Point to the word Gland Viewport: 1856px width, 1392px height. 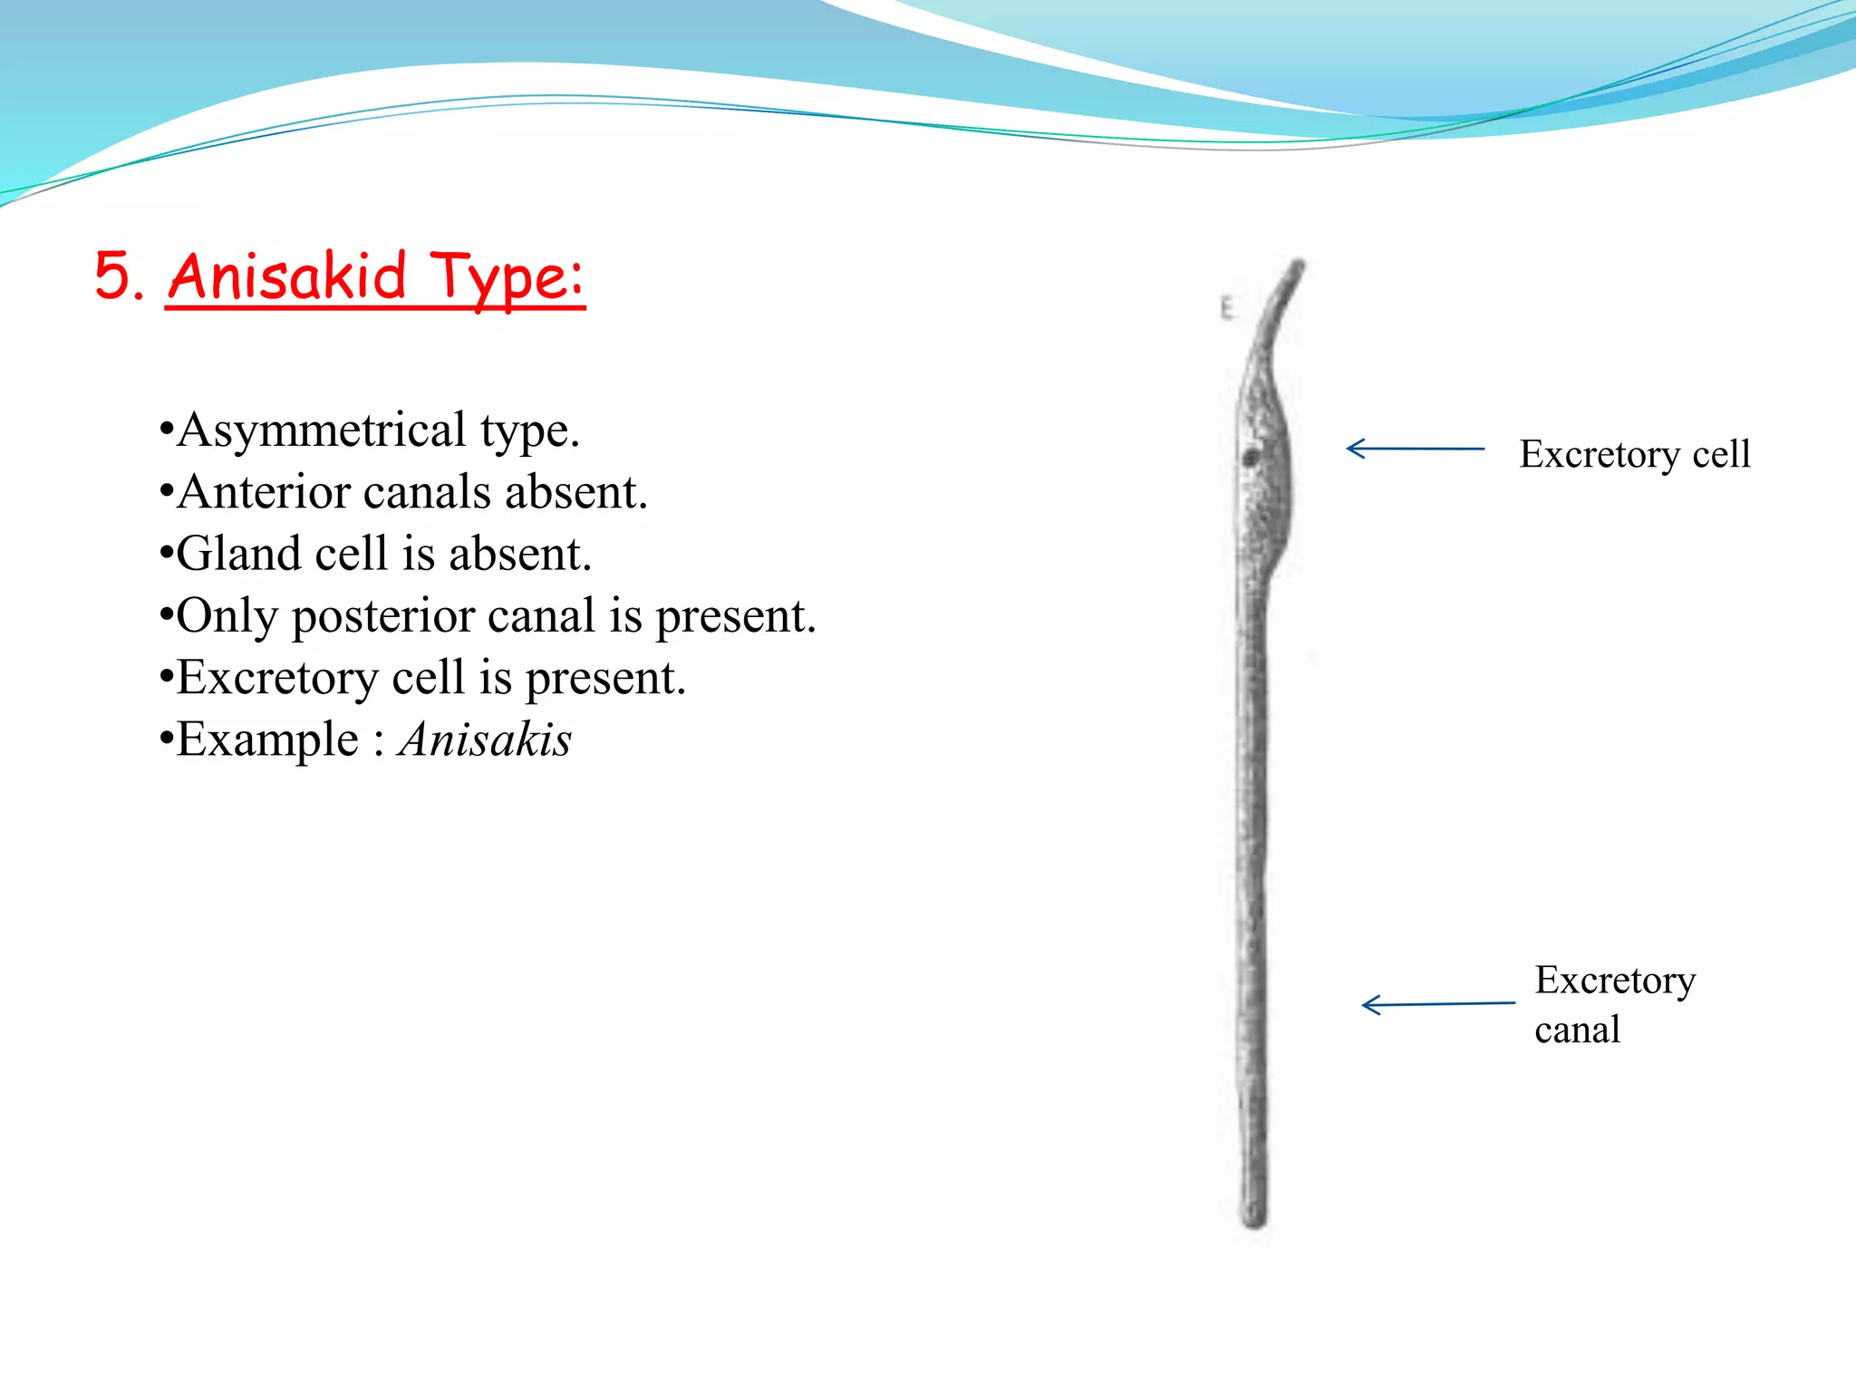point(237,554)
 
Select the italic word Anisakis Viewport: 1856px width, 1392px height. point(485,739)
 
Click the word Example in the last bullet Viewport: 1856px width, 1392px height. point(267,739)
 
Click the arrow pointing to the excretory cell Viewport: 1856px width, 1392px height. point(1415,449)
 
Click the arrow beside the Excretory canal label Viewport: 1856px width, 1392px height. point(1437,1004)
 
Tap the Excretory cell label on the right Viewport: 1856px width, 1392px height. point(1634,454)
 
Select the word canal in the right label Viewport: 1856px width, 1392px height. point(1577,1030)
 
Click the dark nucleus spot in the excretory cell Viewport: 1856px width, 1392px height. point(1251,458)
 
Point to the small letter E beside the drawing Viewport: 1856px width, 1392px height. point(1226,308)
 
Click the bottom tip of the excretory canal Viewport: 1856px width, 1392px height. point(1254,1219)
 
